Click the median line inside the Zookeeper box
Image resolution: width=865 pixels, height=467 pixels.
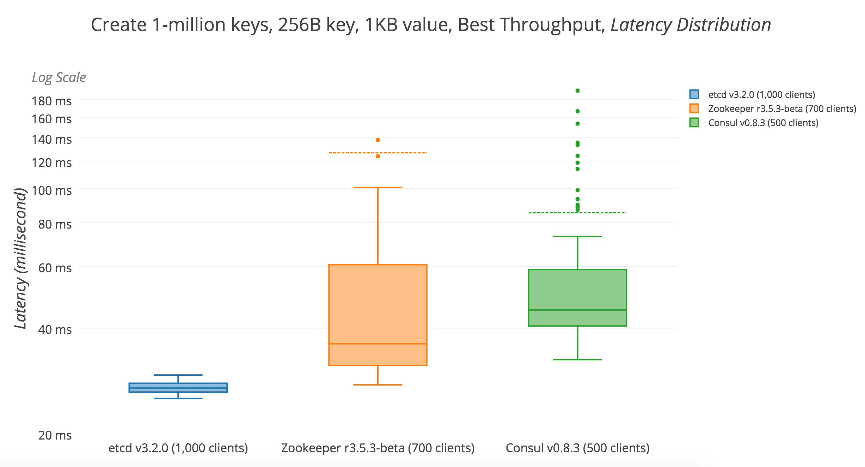pos(378,344)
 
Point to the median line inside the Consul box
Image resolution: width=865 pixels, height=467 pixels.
pos(577,310)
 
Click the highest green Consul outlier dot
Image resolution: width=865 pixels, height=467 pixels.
pos(577,91)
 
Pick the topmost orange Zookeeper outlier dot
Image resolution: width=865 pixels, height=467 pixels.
pos(378,140)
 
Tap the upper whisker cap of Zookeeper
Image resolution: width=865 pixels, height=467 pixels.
pos(378,187)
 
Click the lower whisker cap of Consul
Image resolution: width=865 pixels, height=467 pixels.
pos(577,360)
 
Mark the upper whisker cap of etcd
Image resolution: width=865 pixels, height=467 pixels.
pos(178,375)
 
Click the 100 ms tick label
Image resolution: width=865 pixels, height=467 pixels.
pos(51,191)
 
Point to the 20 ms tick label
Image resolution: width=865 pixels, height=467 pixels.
pos(55,435)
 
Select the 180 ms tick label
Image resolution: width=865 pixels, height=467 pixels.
pos(51,101)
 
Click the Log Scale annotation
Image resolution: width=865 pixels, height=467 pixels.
pos(59,77)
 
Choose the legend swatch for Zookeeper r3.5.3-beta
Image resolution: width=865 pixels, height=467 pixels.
pos(694,108)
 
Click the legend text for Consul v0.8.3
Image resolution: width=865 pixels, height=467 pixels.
pos(763,123)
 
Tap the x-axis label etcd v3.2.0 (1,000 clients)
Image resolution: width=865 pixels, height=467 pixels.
pos(178,448)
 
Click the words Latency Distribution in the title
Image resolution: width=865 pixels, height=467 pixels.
pos(691,25)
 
